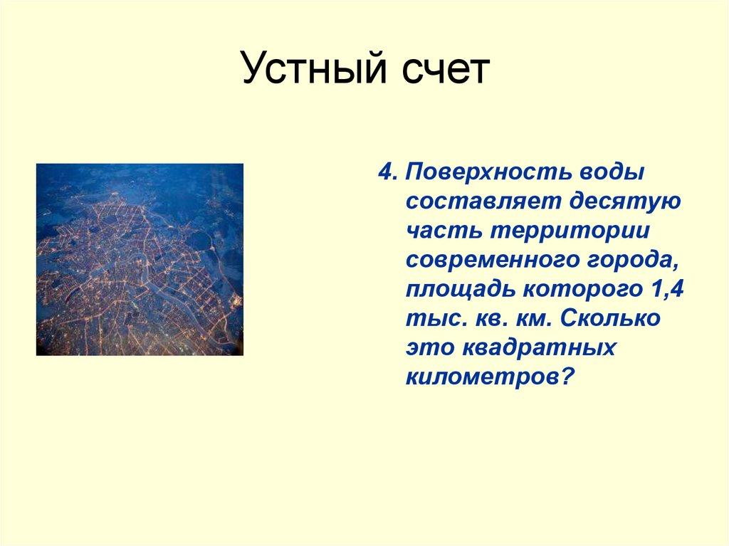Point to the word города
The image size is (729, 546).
[x=631, y=260]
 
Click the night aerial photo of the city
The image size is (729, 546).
[x=139, y=259]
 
